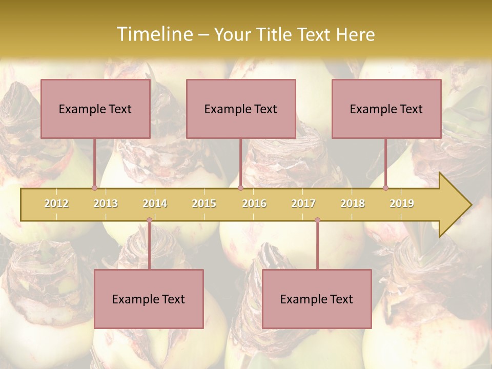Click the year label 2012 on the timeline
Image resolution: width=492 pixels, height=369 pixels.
point(56,203)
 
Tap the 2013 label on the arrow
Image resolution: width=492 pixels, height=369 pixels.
point(106,203)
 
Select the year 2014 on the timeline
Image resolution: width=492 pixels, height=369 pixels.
point(155,203)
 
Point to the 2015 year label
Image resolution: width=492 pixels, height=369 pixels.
point(204,203)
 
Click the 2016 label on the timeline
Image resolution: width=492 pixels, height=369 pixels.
point(254,203)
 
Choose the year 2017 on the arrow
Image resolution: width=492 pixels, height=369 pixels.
point(303,203)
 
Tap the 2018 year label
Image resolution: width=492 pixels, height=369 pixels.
point(353,203)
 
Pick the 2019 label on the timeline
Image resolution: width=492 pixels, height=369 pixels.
point(402,203)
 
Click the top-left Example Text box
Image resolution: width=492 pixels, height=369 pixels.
point(95,109)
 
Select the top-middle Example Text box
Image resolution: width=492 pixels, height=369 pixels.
point(241,109)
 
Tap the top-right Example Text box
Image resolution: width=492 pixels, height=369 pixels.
point(386,109)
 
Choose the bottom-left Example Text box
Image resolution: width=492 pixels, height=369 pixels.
point(149,299)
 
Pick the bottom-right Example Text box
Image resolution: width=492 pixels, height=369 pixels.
point(317,299)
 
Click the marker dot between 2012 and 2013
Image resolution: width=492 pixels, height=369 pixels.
point(94,188)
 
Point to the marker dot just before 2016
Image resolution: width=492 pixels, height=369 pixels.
point(240,188)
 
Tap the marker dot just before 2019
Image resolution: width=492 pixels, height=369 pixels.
point(385,188)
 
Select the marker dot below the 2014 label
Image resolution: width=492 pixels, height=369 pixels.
point(149,220)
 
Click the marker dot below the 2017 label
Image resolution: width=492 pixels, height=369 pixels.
point(317,220)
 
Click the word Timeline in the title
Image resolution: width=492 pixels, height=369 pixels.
point(154,34)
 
